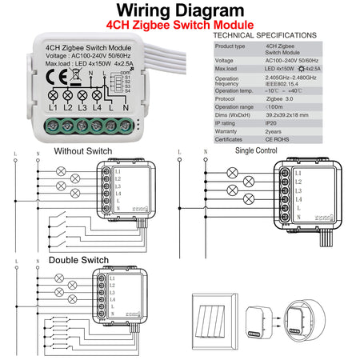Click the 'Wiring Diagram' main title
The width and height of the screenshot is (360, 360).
(x=179, y=10)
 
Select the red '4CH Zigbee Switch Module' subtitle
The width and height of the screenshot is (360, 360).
(x=179, y=26)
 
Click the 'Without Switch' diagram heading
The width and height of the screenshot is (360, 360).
(x=83, y=151)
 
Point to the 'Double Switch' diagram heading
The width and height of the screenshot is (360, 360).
(x=78, y=260)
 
